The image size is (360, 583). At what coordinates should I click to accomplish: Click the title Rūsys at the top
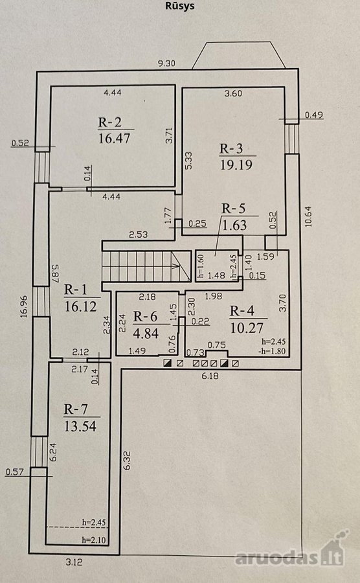click(x=179, y=6)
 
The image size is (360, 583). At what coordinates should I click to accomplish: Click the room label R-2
click(x=110, y=122)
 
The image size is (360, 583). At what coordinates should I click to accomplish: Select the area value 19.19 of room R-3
click(x=236, y=165)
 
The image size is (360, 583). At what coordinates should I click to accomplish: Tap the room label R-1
click(x=75, y=290)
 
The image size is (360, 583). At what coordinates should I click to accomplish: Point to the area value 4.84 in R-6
click(x=146, y=333)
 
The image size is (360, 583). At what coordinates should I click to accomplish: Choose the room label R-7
click(x=76, y=409)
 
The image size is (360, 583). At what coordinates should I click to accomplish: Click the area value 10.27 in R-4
click(x=247, y=328)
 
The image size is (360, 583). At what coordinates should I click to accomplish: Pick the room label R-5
click(x=233, y=209)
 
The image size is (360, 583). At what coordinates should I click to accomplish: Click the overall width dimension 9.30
click(x=166, y=63)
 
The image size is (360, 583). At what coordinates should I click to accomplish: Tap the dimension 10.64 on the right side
click(x=309, y=217)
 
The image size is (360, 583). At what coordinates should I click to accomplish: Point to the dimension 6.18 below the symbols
click(x=210, y=376)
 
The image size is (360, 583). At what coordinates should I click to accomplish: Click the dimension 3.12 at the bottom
click(x=74, y=562)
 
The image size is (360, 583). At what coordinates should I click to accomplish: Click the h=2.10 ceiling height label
click(x=94, y=540)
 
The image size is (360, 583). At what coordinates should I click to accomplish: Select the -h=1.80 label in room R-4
click(x=273, y=350)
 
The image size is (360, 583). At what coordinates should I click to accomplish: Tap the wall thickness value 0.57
click(x=14, y=472)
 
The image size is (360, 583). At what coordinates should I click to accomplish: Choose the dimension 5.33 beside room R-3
click(x=188, y=161)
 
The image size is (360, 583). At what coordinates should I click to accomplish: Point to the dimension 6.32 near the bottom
click(x=127, y=461)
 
